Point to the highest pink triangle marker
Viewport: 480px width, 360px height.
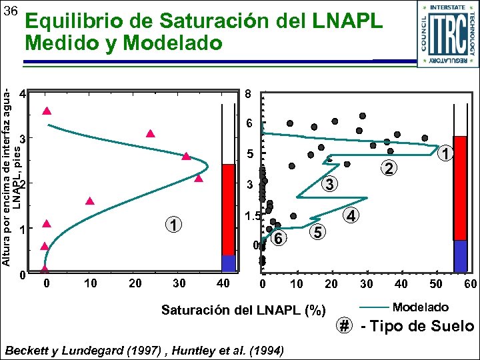tap(47, 111)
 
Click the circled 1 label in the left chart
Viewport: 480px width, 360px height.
tap(173, 225)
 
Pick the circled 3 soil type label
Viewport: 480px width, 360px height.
tap(329, 183)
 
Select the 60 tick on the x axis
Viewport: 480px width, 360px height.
tap(470, 284)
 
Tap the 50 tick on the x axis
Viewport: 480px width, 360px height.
tap(435, 284)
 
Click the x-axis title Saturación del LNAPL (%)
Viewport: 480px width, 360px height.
tap(243, 310)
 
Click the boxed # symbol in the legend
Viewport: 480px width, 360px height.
tap(344, 326)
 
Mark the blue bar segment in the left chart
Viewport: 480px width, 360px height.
tap(229, 263)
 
